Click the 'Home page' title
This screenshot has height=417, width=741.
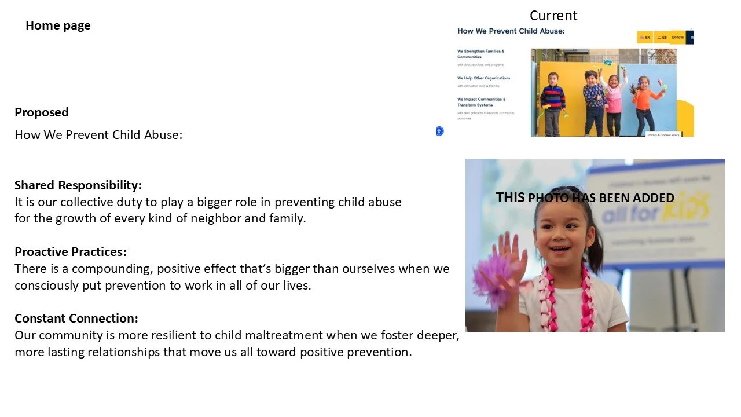tap(58, 25)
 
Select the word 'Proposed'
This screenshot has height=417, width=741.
tap(42, 112)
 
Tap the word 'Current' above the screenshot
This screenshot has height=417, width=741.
tap(553, 16)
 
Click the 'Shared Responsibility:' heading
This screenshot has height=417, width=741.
tap(78, 185)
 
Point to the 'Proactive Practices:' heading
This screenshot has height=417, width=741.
tap(71, 252)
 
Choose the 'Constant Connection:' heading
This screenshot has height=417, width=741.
tap(76, 319)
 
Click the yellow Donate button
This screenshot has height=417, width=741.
tap(677, 37)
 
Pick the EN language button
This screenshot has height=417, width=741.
tap(645, 37)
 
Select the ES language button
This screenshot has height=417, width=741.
tap(662, 37)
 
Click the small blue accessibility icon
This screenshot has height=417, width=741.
tap(439, 131)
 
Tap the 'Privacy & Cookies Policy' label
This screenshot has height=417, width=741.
tap(663, 134)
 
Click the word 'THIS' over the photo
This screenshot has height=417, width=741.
tap(510, 197)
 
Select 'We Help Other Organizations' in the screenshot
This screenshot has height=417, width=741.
tap(484, 78)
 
